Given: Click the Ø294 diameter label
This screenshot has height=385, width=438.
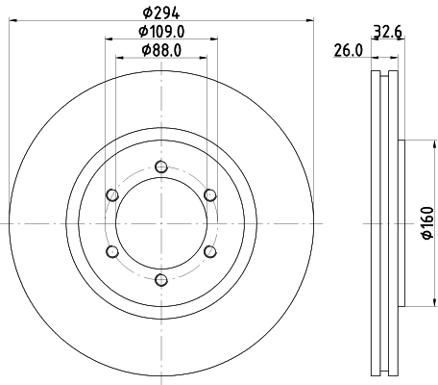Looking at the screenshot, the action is pyautogui.click(x=161, y=13).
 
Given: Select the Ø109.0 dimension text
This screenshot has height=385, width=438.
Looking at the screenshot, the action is pyautogui.click(x=161, y=32).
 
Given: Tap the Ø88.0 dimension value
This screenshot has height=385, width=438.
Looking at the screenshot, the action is pyautogui.click(x=161, y=50).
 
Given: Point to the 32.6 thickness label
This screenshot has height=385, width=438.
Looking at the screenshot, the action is pyautogui.click(x=387, y=32).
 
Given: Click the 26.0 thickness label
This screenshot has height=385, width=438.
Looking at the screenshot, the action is pyautogui.click(x=349, y=50).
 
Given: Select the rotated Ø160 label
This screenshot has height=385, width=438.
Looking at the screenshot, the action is pyautogui.click(x=427, y=222).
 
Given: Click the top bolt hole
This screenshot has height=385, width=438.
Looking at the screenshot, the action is pyautogui.click(x=161, y=167).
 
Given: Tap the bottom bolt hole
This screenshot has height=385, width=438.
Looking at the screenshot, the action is pyautogui.click(x=161, y=280).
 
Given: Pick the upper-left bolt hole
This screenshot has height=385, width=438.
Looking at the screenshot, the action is pyautogui.click(x=112, y=194).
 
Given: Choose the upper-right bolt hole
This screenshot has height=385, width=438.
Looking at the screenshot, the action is pyautogui.click(x=210, y=194).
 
